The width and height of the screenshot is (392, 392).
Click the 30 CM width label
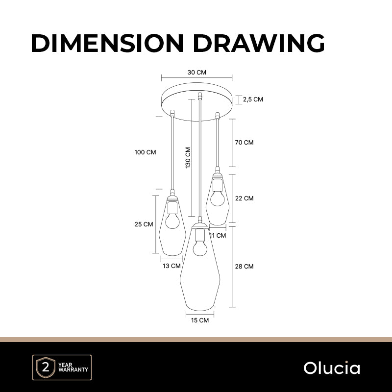tap(197, 73)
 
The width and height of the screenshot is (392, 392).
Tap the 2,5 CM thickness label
tap(253, 99)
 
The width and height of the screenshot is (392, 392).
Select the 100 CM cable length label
tap(145, 152)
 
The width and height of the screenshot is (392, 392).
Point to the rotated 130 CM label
tap(188, 157)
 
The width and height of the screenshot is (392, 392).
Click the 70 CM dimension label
tap(244, 143)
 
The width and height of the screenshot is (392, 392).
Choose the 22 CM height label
tap(244, 198)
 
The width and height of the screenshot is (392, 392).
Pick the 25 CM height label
tap(144, 224)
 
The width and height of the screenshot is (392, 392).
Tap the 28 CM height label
tap(244, 267)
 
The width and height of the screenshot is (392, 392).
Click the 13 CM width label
tap(172, 266)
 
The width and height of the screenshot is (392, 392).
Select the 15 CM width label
tap(200, 320)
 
